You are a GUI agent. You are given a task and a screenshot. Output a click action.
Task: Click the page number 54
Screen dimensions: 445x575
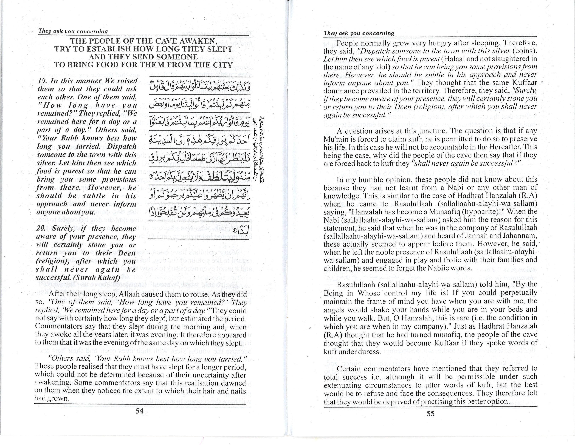coord(139,411)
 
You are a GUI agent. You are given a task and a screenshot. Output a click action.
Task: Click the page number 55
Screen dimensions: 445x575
coord(430,414)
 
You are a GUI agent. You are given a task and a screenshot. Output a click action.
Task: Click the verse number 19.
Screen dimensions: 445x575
coord(42,81)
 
